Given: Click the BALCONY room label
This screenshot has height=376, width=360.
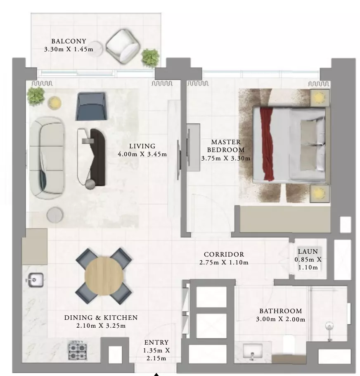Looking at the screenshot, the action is (69, 41).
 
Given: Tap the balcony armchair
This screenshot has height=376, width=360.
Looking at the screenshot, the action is (123, 46).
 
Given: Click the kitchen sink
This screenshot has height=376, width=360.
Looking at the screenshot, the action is (35, 280).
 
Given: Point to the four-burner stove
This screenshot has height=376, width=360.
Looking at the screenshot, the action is (78, 350).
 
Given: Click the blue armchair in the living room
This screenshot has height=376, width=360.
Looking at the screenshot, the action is (91, 107).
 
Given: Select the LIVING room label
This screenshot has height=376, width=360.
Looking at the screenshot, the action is (142, 146).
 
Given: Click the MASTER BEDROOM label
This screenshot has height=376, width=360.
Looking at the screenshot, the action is (226, 146).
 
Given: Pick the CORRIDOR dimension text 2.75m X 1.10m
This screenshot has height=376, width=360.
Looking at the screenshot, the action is (224, 262).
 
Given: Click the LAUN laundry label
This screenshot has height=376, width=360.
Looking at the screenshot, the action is (308, 251).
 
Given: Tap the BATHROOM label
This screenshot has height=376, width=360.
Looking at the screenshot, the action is (281, 311).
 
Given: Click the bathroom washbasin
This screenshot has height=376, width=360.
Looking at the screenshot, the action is (253, 351).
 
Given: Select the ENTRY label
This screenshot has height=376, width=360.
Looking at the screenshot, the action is (156, 342).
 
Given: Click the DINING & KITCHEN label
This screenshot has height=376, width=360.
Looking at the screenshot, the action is (101, 317).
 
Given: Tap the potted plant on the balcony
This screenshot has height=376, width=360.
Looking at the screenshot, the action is (150, 58).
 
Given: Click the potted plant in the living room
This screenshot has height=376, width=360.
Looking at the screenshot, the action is (36, 96).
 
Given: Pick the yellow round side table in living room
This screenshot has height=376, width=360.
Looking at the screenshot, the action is (54, 103).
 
